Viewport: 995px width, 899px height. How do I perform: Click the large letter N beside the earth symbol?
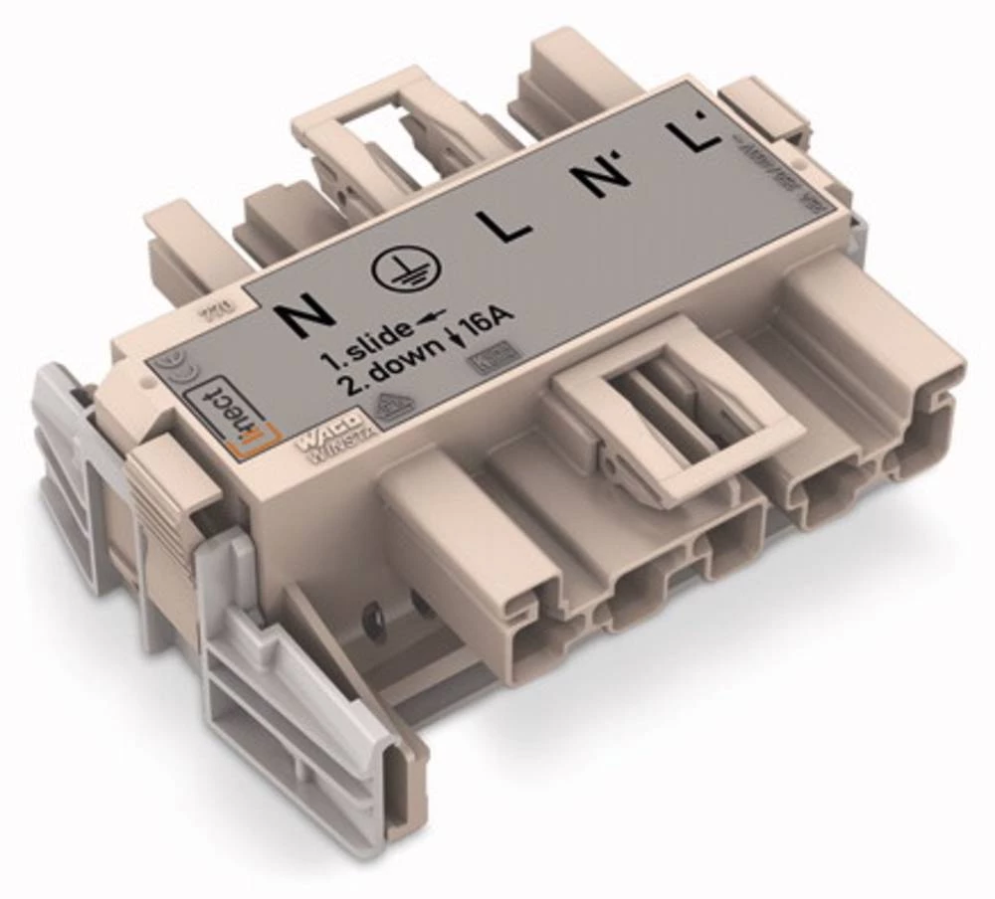(x=305, y=316)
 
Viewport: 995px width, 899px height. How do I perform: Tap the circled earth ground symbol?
(x=399, y=269)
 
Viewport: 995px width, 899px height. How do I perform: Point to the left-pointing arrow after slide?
(x=429, y=317)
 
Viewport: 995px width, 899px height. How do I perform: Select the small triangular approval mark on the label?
(x=395, y=404)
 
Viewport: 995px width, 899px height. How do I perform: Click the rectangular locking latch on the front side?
(x=678, y=409)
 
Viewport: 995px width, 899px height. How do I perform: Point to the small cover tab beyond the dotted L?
(x=761, y=108)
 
